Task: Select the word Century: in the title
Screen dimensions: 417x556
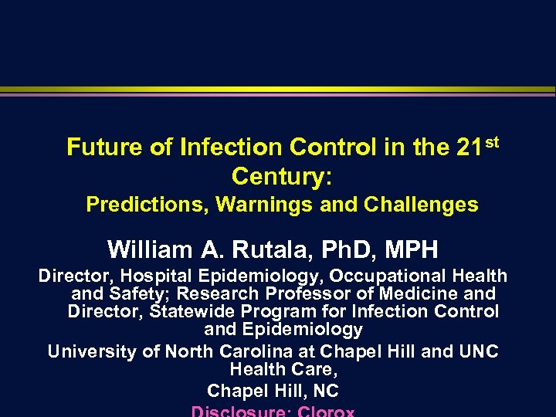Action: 282,176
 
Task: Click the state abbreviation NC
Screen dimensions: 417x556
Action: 324,391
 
